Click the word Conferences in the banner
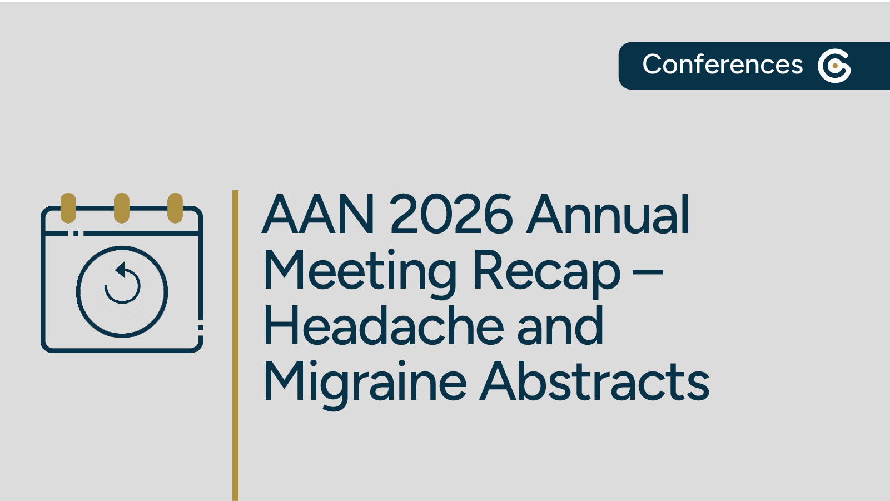[722, 65]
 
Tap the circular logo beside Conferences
[834, 66]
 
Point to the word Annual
[609, 215]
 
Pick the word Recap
[546, 272]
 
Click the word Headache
[384, 327]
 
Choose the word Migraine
[365, 383]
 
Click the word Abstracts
[595, 383]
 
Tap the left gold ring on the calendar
[68, 208]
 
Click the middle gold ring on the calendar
[122, 208]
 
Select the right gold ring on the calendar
[175, 208]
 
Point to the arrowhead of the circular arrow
[120, 270]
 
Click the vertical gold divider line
[235, 345]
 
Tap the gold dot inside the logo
[835, 66]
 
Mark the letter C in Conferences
[652, 65]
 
